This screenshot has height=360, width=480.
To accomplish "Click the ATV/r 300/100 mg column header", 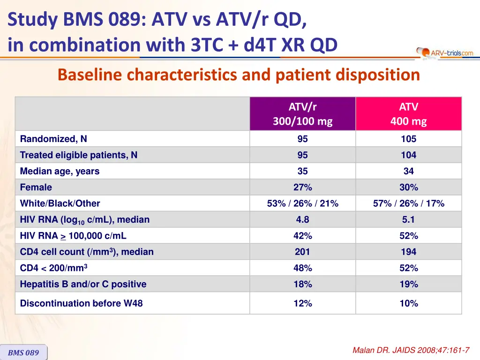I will (x=302, y=114).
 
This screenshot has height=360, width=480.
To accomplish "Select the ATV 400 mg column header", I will (x=408, y=114).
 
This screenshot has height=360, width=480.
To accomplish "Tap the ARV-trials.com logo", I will (x=445, y=53).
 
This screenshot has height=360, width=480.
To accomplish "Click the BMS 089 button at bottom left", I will (x=23, y=352).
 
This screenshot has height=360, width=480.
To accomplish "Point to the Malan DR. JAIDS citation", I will (x=411, y=350).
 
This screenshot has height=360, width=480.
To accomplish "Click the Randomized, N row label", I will (x=53, y=139).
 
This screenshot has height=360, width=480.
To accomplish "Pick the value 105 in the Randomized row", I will (x=408, y=139).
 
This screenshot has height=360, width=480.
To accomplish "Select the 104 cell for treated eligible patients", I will (x=408, y=155).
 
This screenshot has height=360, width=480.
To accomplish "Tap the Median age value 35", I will (x=302, y=171).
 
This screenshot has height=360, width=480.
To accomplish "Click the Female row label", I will (x=36, y=187).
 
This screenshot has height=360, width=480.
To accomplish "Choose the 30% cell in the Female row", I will (x=408, y=187).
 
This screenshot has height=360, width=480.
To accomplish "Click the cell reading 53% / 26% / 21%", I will (x=302, y=203).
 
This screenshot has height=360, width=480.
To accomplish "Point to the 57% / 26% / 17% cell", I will (x=408, y=203).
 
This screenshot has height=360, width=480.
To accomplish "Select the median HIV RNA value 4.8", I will (x=302, y=219).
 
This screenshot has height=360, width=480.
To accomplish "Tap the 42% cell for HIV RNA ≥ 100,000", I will (x=302, y=236).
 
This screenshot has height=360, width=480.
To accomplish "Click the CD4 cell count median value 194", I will (x=408, y=252).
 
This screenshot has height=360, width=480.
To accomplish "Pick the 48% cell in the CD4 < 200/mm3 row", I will (x=302, y=268).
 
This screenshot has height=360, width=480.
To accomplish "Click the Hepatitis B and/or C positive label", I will (x=83, y=284).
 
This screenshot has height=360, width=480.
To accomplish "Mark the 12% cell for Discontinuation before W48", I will (x=302, y=303).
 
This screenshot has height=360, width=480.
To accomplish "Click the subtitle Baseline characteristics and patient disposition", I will (x=239, y=75).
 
